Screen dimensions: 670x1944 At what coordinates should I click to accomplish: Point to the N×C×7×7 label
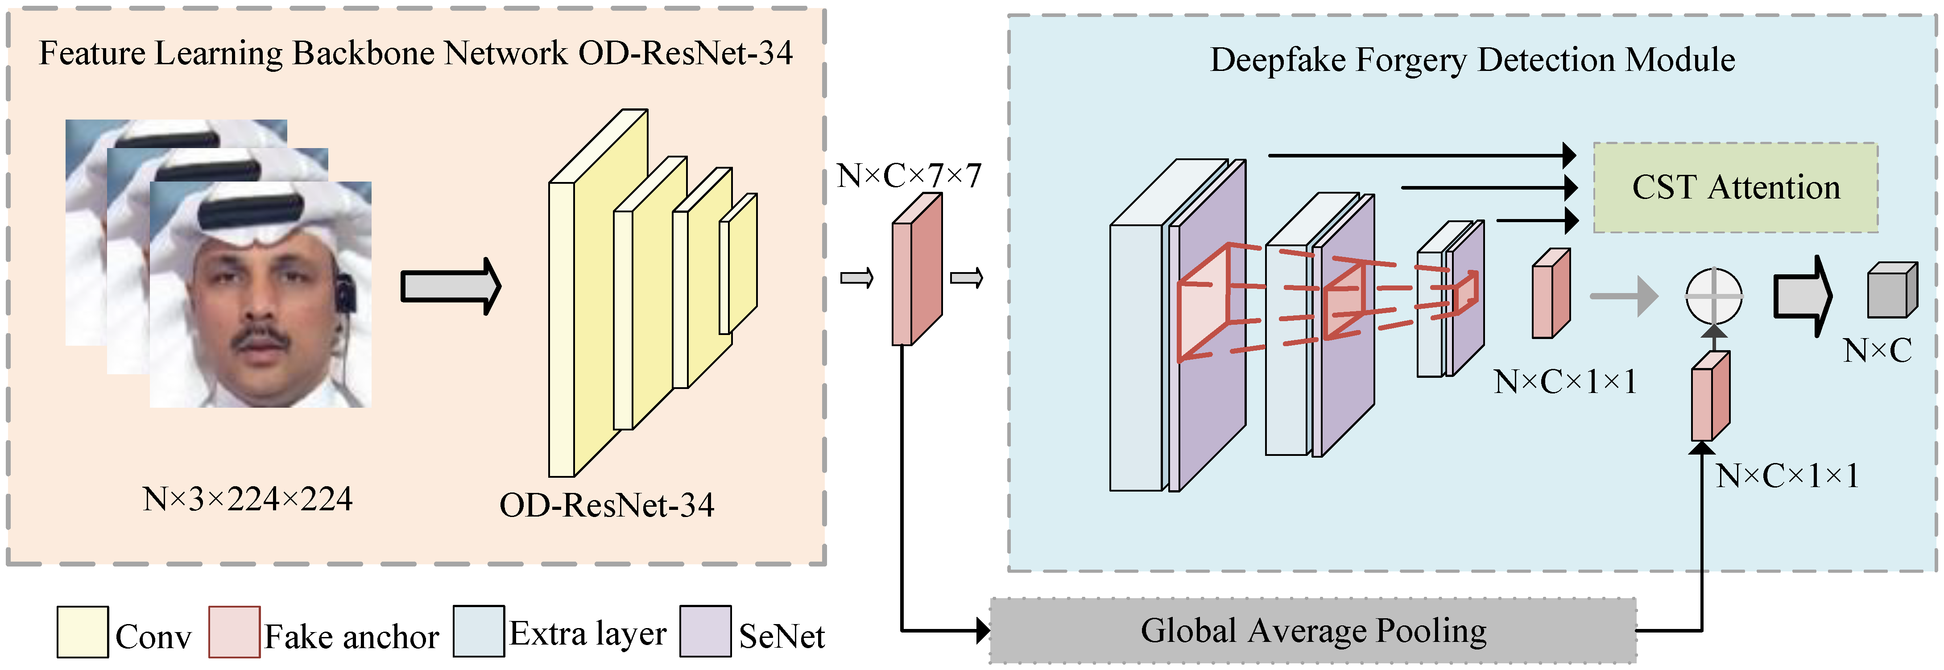(909, 176)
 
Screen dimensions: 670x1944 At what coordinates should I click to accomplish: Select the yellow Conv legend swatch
(82, 632)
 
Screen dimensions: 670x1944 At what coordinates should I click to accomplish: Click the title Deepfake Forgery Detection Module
(1472, 60)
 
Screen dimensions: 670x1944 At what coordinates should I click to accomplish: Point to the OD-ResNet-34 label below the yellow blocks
(607, 505)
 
